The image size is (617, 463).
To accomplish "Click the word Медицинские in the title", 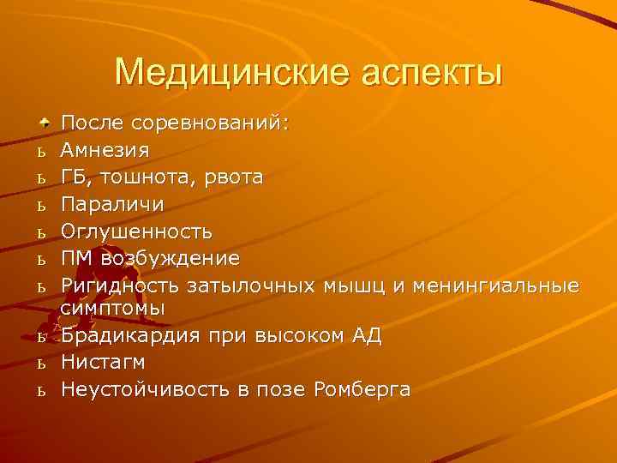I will coord(220,71).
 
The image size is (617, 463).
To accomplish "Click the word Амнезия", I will coord(105,150).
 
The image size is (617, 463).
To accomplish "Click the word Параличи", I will coord(111,205).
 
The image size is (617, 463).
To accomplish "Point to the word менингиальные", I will coord(497,285).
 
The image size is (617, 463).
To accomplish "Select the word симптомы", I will coord(112,307).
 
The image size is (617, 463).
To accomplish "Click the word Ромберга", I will coord(362,388).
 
